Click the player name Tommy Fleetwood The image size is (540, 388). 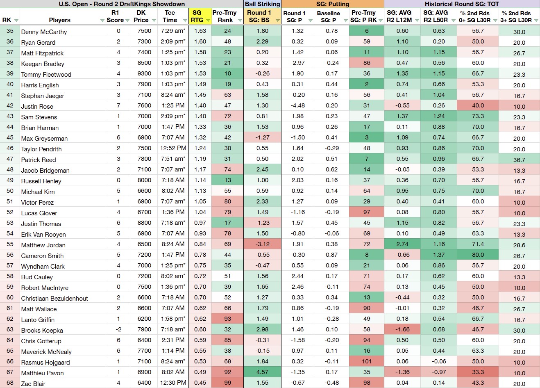coord(46,74)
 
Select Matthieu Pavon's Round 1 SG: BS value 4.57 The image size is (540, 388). coord(262,372)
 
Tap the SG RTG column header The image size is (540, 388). coord(197,16)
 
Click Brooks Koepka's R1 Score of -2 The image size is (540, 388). coord(118,329)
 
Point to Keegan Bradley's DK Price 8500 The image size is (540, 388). coord(144,63)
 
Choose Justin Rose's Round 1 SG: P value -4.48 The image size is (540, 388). coord(297,105)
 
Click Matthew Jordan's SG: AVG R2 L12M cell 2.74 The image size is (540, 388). coord(402,244)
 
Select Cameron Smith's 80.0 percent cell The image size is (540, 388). coord(478,255)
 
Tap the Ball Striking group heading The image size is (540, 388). coord(262,4)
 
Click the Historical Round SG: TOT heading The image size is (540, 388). coord(462,4)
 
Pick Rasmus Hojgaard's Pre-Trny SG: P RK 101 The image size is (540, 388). coord(367,361)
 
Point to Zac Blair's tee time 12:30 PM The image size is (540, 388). coord(173,382)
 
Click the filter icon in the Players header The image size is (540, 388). coord(102,21)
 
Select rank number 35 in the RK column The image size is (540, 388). coord(10,31)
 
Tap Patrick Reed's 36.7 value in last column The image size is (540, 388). coord(519,160)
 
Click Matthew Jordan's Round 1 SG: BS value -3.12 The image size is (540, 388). coord(262,244)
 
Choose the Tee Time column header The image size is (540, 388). coord(170,16)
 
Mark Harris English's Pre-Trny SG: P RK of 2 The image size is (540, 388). coord(367,84)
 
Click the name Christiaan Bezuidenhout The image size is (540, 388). coord(54,298)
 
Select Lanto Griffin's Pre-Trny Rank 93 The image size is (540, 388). coord(227,319)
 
